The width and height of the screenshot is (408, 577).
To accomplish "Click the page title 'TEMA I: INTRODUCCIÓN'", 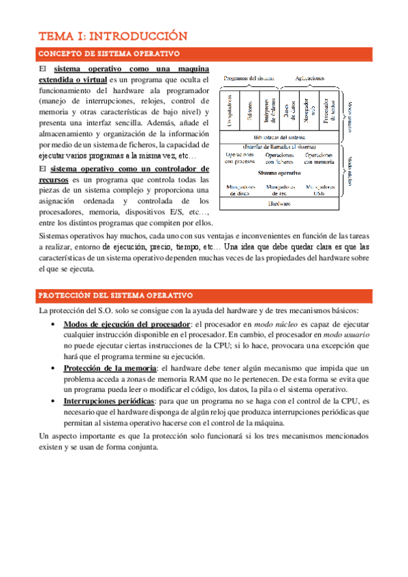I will coord(112,36).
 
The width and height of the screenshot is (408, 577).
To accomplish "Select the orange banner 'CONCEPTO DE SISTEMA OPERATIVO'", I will coord(109,54).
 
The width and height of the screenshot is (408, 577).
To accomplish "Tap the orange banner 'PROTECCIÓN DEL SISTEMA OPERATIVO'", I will coord(116,295).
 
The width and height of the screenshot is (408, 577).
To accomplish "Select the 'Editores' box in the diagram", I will coord(249,110).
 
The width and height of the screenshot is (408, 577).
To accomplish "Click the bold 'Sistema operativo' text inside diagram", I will coord(279,173).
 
